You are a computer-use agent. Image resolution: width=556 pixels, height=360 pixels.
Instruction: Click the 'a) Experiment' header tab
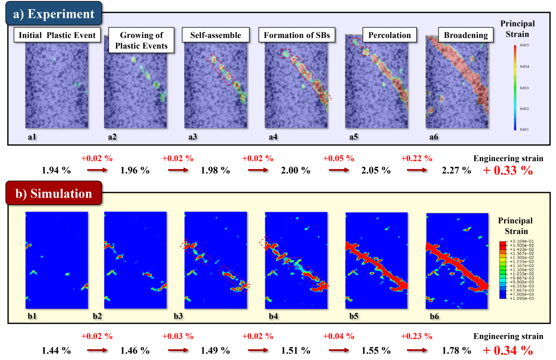54,13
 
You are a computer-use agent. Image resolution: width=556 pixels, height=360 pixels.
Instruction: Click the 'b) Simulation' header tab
53,193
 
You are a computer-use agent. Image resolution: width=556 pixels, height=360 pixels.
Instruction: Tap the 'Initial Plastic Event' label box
57,35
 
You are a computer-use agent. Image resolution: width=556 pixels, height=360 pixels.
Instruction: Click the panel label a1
32,137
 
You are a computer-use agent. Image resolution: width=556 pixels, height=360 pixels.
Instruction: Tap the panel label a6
434,137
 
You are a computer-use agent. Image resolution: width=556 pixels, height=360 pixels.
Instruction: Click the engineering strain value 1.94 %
56,170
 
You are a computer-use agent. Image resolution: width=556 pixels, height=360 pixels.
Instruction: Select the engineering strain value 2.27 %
456,170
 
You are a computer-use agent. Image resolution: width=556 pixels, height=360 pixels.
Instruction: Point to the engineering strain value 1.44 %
56,350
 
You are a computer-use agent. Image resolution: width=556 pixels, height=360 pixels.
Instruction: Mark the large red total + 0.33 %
508,171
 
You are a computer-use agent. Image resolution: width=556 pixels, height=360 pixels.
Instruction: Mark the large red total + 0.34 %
508,350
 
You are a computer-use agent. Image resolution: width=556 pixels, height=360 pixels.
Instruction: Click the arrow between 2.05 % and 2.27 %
417,170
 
